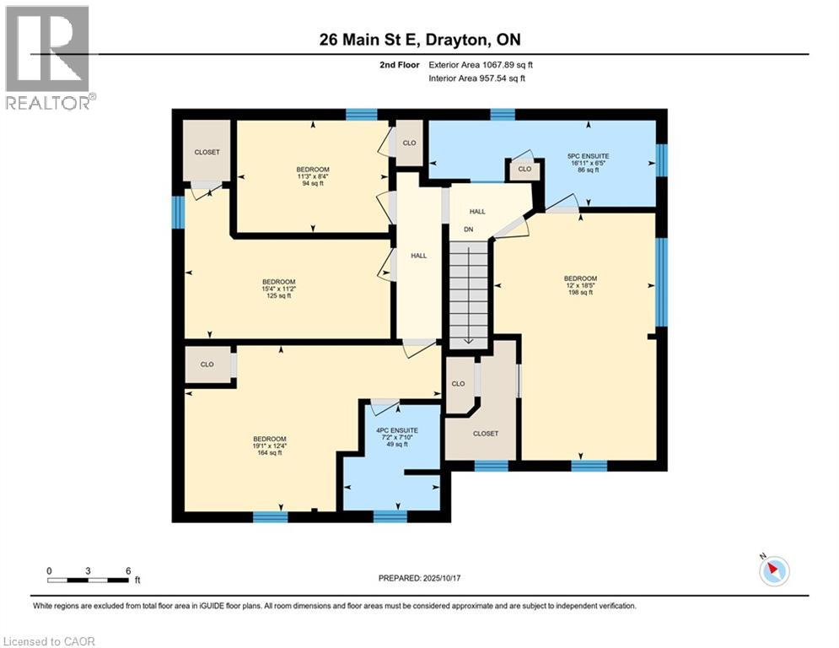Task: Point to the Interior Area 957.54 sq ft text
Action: (476, 78)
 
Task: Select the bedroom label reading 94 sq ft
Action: (312, 175)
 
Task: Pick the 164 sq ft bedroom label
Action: (270, 445)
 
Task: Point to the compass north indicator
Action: (772, 570)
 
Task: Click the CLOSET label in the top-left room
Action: (207, 152)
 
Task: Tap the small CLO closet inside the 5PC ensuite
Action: (524, 170)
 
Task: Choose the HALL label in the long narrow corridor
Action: (418, 256)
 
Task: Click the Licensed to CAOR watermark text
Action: (49, 641)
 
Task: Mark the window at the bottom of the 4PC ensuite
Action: (390, 516)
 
